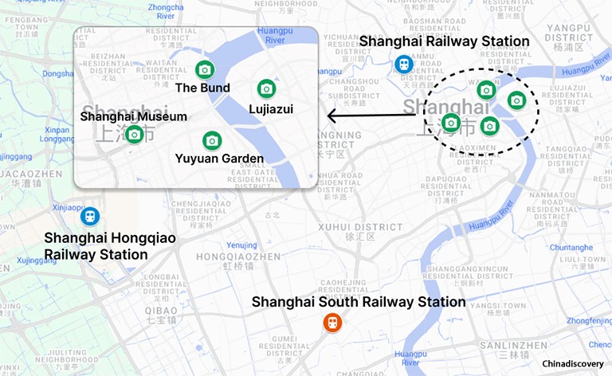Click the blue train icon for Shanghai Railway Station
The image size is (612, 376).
click(405, 64)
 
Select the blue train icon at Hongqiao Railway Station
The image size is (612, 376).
click(91, 216)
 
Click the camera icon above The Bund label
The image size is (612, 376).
click(204, 69)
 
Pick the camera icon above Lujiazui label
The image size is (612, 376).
click(266, 88)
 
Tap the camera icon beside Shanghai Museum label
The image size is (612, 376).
click(135, 134)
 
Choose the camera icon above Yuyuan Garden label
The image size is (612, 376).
click(211, 141)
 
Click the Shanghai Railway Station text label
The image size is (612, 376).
click(444, 41)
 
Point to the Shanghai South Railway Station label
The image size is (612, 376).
click(359, 302)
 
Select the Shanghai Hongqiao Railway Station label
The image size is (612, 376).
click(110, 246)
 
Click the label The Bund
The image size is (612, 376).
click(202, 88)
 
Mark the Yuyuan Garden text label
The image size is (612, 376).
click(219, 159)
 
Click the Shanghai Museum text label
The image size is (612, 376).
click(134, 116)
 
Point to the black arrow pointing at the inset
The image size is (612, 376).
click(371, 116)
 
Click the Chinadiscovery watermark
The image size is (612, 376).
click(573, 363)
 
